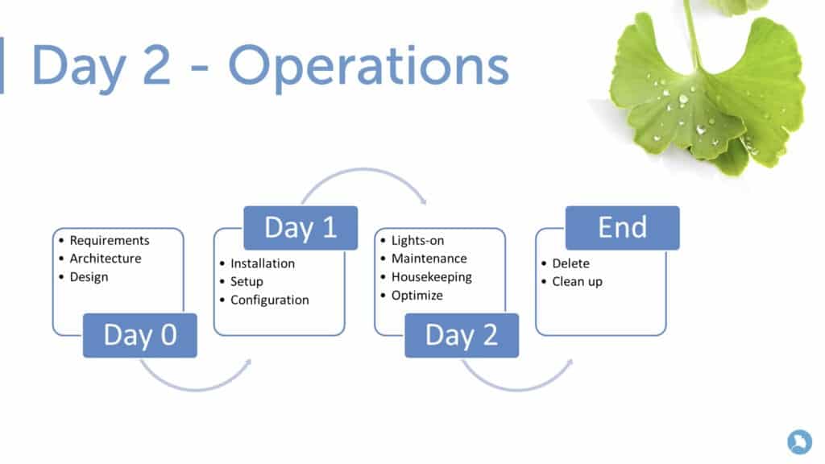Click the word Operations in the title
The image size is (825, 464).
(x=368, y=66)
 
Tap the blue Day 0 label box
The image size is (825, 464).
(x=139, y=335)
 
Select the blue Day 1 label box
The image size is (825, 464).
(x=301, y=228)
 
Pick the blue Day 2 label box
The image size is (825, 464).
(x=462, y=335)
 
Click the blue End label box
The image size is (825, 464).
(x=622, y=228)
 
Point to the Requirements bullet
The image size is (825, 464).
(x=110, y=240)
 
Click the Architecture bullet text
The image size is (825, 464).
(x=105, y=259)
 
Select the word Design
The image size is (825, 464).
(x=89, y=277)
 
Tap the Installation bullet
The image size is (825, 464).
(x=263, y=263)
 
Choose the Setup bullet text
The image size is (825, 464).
(x=247, y=282)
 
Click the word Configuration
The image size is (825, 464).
(x=269, y=300)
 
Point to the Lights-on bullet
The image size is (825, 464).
(x=417, y=240)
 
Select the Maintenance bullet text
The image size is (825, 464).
(x=429, y=259)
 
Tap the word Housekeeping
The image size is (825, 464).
(x=431, y=277)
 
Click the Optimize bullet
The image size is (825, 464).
(x=417, y=296)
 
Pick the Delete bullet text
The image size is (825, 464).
(x=570, y=263)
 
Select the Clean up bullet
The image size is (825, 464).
(x=577, y=282)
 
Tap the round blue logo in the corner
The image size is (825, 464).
(x=799, y=441)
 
